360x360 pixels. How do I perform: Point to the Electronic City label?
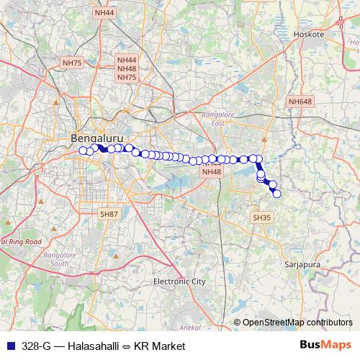pyautogui.click(x=180, y=282)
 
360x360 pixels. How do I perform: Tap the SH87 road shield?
pyautogui.click(x=109, y=214)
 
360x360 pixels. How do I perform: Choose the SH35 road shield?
pyautogui.click(x=261, y=217)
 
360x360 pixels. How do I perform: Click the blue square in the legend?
pyautogui.click(x=10, y=346)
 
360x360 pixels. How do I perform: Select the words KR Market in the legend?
pyautogui.click(x=162, y=346)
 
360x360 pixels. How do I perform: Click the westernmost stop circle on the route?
pyautogui.click(x=83, y=150)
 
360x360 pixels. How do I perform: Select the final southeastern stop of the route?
pyautogui.click(x=276, y=193)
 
